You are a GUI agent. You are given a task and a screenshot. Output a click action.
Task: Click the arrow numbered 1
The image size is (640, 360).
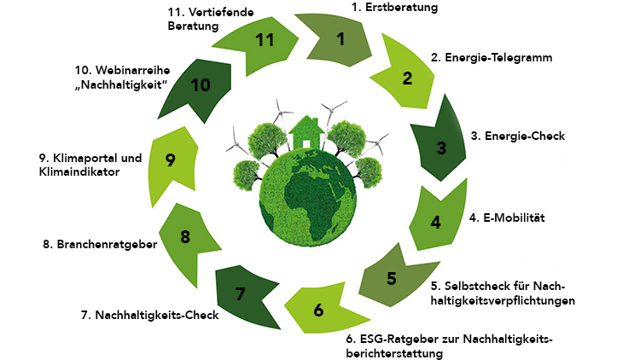pos(340,38)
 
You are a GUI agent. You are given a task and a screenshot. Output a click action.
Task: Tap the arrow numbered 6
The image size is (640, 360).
pos(318,310)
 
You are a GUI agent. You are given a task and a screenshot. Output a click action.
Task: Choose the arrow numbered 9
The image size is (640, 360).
pos(171,160)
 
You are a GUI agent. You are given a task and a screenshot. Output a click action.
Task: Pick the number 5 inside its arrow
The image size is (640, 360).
pos(391,278)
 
